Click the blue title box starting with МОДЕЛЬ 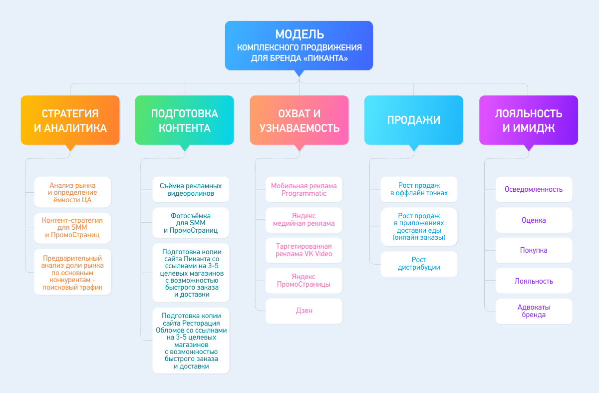(x=299, y=45)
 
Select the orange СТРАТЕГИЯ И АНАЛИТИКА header (x=70, y=120)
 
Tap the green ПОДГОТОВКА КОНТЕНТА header (x=185, y=120)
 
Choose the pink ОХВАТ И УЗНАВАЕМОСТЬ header (x=299, y=120)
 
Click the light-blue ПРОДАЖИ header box (x=414, y=120)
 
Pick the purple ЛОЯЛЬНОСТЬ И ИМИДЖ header (x=529, y=120)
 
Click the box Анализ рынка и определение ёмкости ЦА (x=72, y=192)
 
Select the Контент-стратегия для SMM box (x=72, y=228)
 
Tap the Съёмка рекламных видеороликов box (x=191, y=189)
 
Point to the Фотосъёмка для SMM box (x=191, y=223)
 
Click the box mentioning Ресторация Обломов (x=191, y=341)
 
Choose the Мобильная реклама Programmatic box (x=304, y=189)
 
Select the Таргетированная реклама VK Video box (x=304, y=250)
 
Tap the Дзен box (x=304, y=311)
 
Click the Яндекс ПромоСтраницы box (x=304, y=281)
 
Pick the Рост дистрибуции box (x=419, y=264)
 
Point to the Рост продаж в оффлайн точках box (x=419, y=189)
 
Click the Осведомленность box (x=534, y=189)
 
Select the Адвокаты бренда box (x=534, y=311)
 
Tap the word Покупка (x=534, y=250)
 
